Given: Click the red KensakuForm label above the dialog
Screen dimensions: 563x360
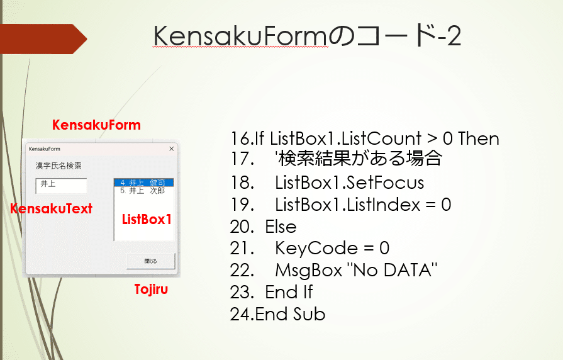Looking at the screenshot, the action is pos(96,125).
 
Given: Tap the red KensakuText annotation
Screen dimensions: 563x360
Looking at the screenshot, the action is pos(51,208).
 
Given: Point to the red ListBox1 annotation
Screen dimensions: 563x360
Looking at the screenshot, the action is pos(147,219).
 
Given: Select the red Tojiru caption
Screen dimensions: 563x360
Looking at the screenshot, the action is pos(151,289).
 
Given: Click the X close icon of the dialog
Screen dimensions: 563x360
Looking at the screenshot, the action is pos(172,149).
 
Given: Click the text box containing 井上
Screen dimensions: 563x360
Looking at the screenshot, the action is pos(61,186).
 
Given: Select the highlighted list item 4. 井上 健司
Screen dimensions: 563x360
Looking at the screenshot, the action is pos(144,183).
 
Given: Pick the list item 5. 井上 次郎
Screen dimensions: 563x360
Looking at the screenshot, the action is pos(143,191).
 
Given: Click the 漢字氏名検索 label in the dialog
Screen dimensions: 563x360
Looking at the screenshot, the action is pos(59,166).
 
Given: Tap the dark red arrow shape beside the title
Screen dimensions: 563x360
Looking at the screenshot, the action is pos(43,39).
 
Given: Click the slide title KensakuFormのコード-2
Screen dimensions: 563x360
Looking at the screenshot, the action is pos(308,36).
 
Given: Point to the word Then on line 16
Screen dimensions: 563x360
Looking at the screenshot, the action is pos(479,138).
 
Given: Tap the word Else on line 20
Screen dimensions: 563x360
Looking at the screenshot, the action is pos(281,227).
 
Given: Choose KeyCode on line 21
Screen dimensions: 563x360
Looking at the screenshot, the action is pos(316,248).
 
